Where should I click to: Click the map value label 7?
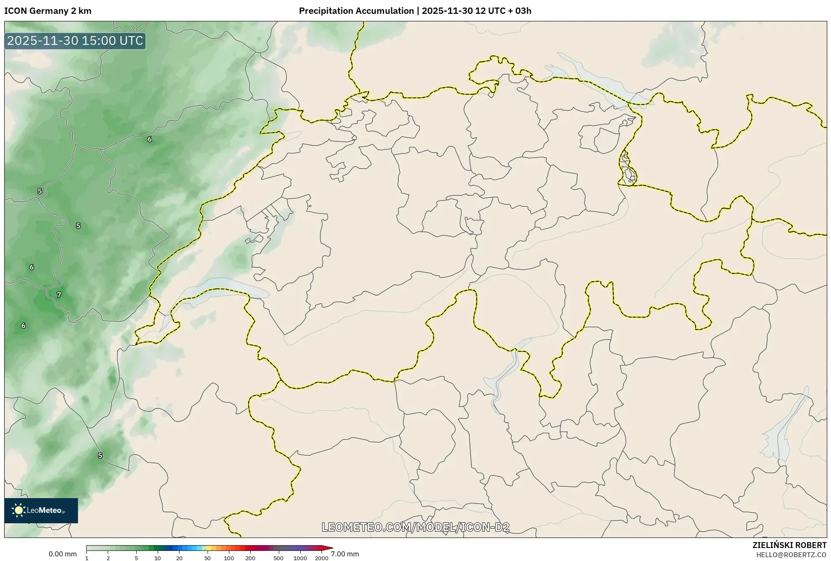coord(59,295)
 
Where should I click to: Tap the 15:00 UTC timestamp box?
coord(75,41)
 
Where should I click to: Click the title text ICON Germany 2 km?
coord(48,11)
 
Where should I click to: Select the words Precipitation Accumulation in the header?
coord(356,11)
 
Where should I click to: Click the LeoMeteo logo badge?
coord(41,510)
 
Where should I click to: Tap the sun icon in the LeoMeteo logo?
coord(18,510)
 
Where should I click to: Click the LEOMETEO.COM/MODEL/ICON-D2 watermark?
coord(415,527)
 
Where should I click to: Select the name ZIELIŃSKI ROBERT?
coord(789,545)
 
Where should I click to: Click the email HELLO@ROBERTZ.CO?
coord(791,555)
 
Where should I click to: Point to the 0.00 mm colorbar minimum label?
coord(62,554)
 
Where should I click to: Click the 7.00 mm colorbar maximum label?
coord(345,554)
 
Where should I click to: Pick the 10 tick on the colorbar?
coord(158,558)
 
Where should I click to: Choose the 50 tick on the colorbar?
coord(208,558)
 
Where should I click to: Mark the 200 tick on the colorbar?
coord(250,558)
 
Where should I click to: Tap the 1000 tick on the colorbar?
coord(300,558)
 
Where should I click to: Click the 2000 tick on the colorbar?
coord(322,558)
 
